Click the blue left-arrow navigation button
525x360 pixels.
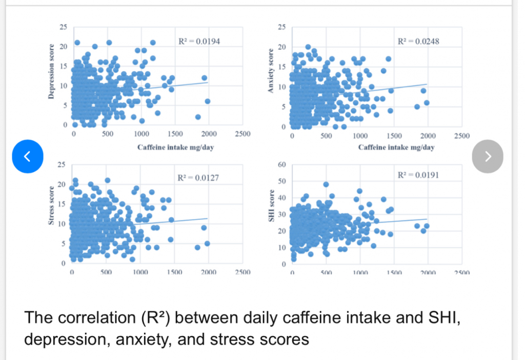coord(28,155)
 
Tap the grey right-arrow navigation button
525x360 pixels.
coord(488,155)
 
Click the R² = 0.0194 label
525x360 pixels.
coord(199,41)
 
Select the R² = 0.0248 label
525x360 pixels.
coord(419,41)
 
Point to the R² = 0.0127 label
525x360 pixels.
coord(198,178)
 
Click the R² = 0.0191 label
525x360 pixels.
coord(418,175)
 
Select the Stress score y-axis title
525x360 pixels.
coord(50,212)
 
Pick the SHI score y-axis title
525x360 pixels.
coord(270,213)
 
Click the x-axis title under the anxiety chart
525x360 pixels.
coord(396,147)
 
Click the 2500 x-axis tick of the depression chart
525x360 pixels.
coord(242,134)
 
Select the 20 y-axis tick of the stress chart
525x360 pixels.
coord(61,184)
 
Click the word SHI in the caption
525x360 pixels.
coord(436,318)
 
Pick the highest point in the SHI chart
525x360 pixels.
coord(326,185)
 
